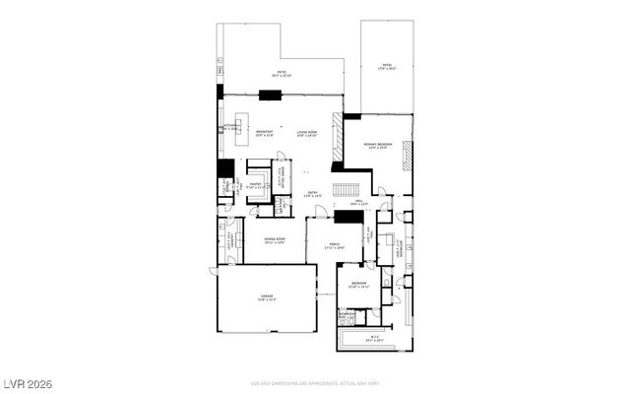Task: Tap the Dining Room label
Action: [274, 240]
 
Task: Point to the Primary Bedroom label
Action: [378, 146]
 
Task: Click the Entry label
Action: [313, 195]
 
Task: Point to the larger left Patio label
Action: [281, 74]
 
